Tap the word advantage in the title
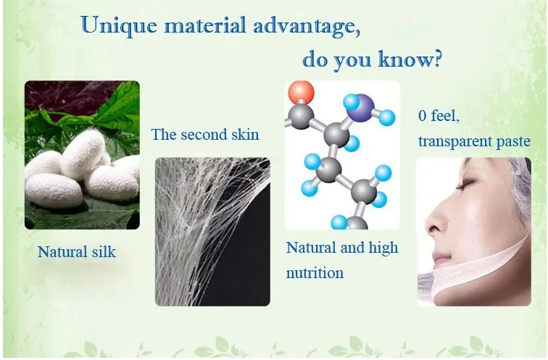click(x=306, y=27)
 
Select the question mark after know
click(x=436, y=58)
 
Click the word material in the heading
click(x=205, y=25)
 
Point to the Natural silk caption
click(x=77, y=252)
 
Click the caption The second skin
click(x=205, y=135)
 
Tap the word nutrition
click(x=315, y=272)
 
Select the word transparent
click(x=455, y=141)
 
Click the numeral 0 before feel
click(x=422, y=116)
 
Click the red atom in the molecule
click(x=301, y=93)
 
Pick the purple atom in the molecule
click(x=362, y=107)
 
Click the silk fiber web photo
click(x=212, y=232)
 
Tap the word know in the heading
click(x=404, y=59)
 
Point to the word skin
click(x=246, y=135)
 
